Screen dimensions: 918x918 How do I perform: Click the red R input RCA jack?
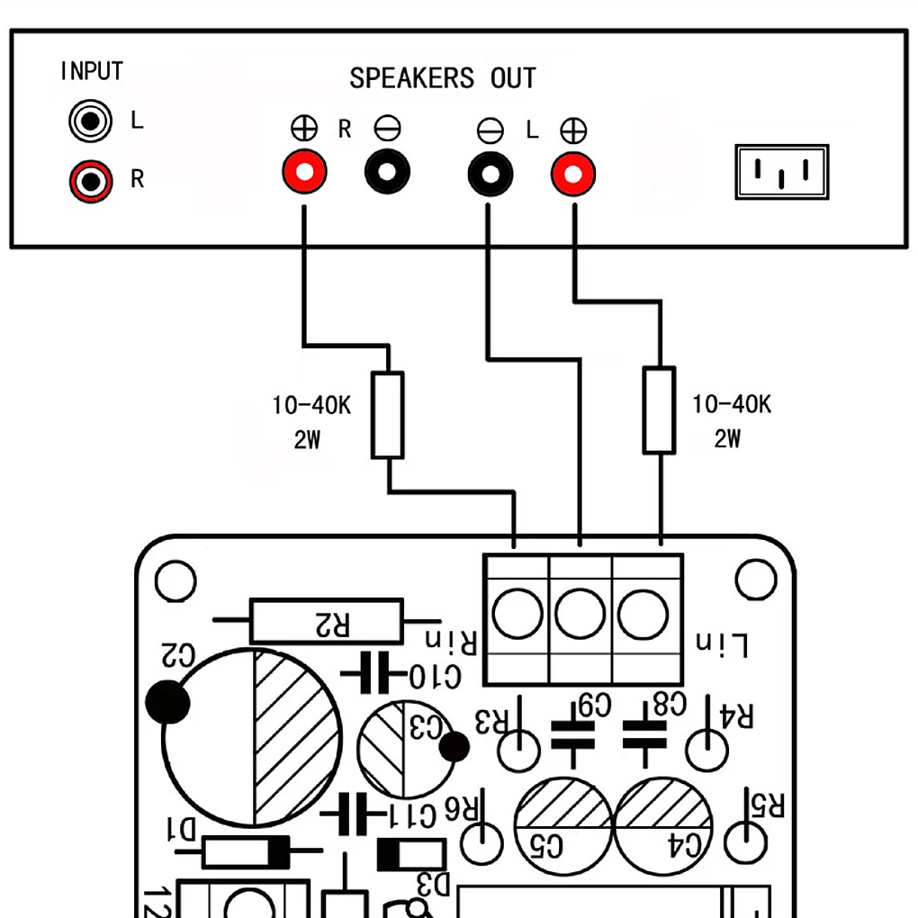91,180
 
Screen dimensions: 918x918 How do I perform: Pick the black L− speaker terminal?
490,172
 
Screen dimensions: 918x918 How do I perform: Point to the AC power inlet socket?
781,172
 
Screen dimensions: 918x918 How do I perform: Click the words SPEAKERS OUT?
442,78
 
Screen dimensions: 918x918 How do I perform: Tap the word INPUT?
91,71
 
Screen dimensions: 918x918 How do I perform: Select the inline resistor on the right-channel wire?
388,415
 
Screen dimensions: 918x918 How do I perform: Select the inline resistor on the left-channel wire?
659,409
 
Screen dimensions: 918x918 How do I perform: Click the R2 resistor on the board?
327,621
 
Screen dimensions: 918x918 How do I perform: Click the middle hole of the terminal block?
580,615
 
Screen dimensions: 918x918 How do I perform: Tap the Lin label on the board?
724,643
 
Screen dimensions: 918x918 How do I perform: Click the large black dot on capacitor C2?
166,702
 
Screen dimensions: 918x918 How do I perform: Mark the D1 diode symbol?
247,850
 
